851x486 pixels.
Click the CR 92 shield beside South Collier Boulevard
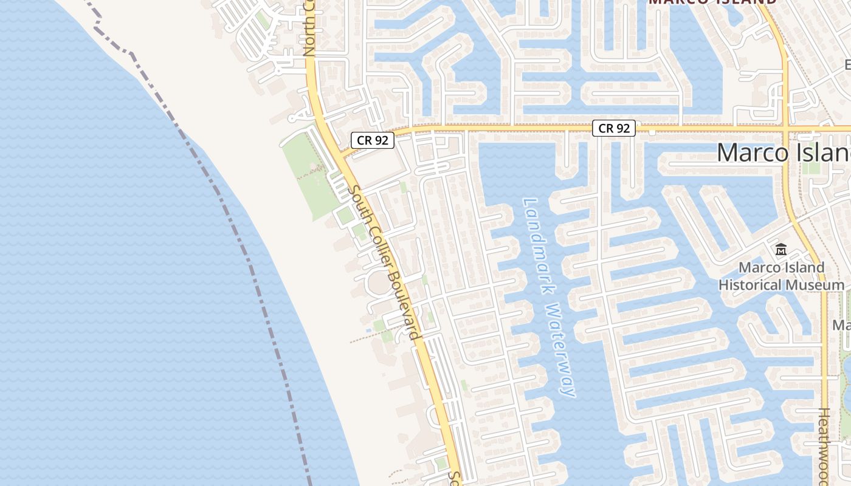point(373,140)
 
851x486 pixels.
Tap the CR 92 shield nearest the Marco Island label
point(614,128)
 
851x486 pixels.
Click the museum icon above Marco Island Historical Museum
point(781,250)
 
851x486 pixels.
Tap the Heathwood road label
point(824,447)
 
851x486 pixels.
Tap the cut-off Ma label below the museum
point(842,326)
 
